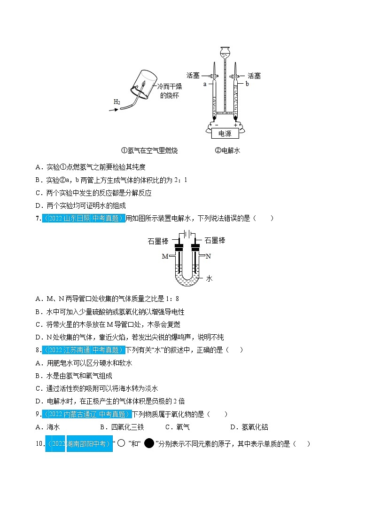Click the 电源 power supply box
point(225,134)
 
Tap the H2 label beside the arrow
point(117,102)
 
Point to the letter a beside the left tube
point(205,84)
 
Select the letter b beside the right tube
point(247,84)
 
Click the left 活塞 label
point(193,75)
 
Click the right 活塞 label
point(254,75)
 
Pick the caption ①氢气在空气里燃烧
point(149,150)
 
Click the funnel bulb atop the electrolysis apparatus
point(225,50)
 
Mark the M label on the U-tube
point(165,256)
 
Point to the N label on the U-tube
point(209,256)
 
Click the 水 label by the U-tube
point(210,278)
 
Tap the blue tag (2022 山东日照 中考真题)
point(84,218)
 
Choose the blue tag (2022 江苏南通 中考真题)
point(84,350)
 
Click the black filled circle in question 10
point(149,443)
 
